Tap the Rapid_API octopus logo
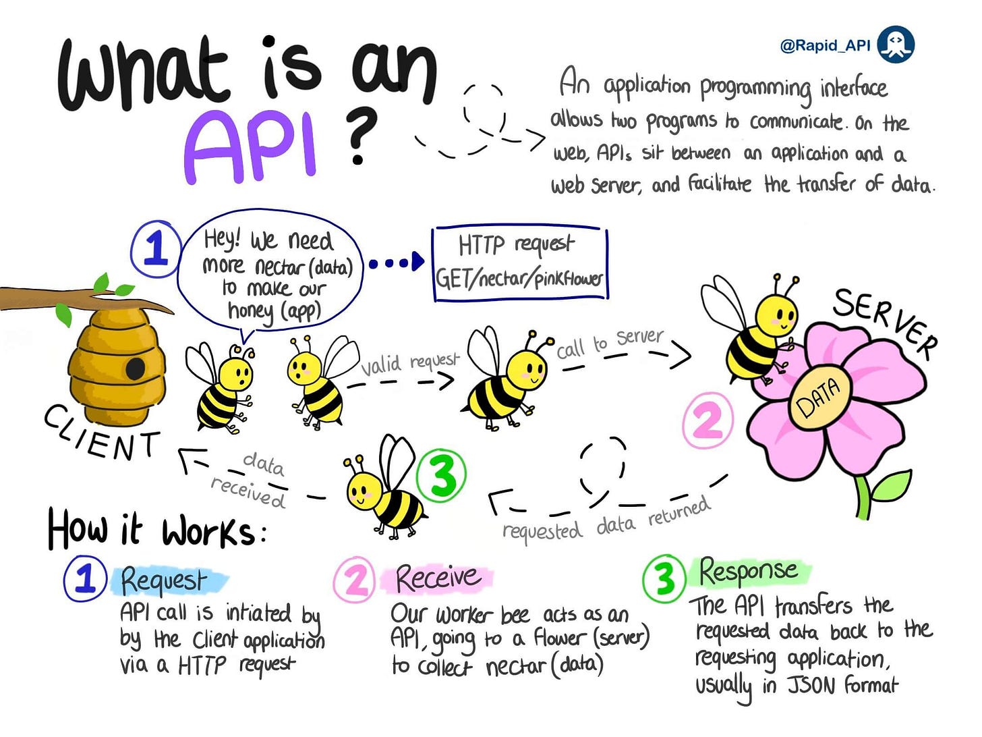coord(896,45)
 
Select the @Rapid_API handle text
coord(825,45)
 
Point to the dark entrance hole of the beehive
coord(136,368)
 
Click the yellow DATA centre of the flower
coord(818,398)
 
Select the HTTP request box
coord(519,263)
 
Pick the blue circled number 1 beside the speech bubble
coord(156,248)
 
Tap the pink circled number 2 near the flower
coord(708,421)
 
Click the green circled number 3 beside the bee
coord(442,475)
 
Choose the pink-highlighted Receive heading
coord(438,578)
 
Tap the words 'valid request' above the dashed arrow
coord(409,364)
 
